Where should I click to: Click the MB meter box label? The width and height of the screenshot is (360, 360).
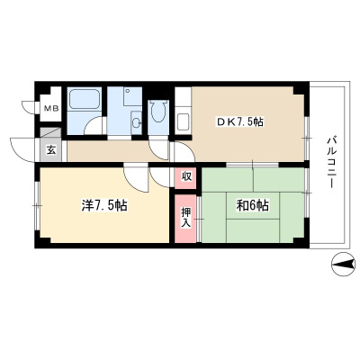[51, 109]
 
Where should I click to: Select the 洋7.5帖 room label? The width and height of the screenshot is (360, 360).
[104, 206]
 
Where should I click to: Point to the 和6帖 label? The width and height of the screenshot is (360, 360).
[253, 206]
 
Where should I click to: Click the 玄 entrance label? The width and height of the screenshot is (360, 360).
[51, 150]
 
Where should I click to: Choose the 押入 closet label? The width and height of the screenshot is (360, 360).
[185, 218]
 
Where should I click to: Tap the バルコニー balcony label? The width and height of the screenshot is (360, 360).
[331, 162]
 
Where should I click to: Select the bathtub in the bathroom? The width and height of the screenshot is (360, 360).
[85, 98]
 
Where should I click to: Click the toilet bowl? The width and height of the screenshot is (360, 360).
[158, 112]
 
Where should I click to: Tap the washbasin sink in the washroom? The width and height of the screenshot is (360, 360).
[137, 122]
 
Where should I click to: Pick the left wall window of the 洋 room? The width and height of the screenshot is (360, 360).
[37, 205]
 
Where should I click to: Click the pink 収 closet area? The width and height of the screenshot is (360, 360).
[185, 178]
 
